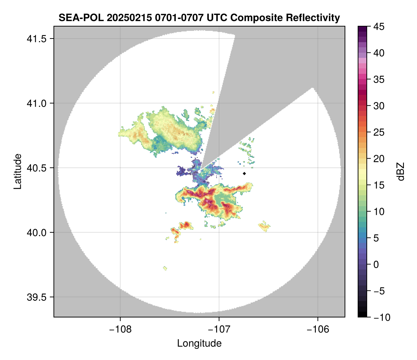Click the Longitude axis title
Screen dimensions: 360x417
pos(199,343)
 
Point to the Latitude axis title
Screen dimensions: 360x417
pos(17,171)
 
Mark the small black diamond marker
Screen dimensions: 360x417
pos(244,173)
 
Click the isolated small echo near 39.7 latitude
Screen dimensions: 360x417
pos(165,268)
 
